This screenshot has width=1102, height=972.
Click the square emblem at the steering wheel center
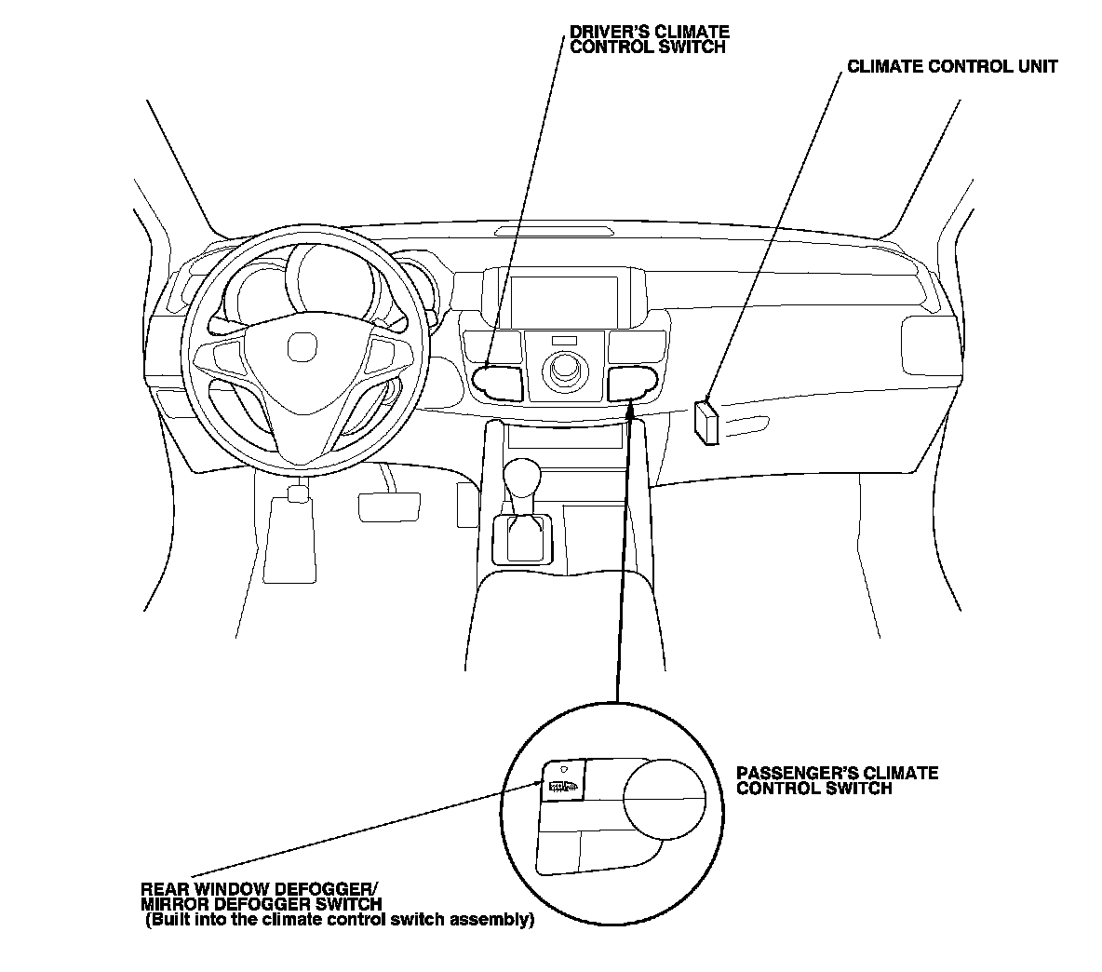pos(302,348)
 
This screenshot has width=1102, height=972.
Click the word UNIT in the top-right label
pos(1032,67)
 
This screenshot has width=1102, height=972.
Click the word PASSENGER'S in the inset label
pos(798,774)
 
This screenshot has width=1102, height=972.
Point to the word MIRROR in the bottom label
pos(173,903)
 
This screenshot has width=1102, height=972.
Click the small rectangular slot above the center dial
pos(564,340)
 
